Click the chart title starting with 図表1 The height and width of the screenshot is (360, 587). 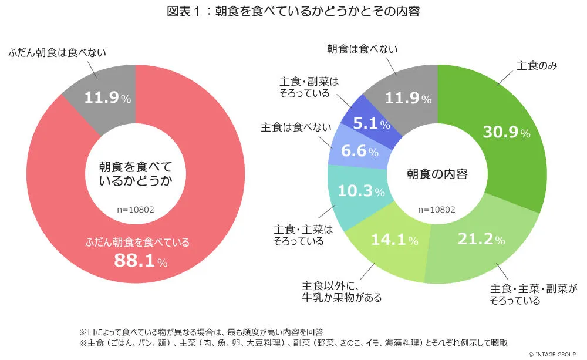click(x=293, y=12)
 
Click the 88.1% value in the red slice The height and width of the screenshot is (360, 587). click(x=140, y=261)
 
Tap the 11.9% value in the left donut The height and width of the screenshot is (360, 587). click(x=107, y=98)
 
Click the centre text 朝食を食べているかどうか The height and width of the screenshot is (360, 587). click(x=136, y=174)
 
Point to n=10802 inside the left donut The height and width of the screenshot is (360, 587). click(x=136, y=210)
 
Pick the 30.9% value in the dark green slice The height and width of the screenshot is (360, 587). click(x=506, y=133)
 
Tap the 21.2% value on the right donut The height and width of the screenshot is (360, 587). click(x=480, y=240)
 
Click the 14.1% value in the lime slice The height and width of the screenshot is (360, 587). click(x=394, y=240)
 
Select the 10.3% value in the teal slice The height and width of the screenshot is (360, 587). click(x=360, y=191)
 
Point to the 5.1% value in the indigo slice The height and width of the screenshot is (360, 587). click(x=372, y=124)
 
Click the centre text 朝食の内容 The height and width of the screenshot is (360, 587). click(x=437, y=174)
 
